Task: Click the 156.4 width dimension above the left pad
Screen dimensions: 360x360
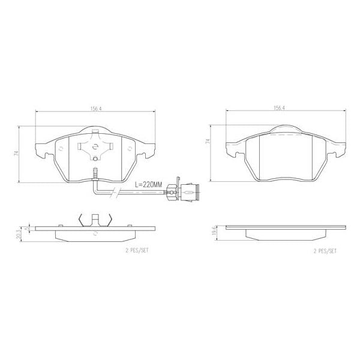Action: coord(95,109)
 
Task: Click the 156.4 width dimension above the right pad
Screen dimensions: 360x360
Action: coord(279,109)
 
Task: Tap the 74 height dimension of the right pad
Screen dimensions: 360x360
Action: coord(208,143)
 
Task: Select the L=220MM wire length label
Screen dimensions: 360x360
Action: coord(148,185)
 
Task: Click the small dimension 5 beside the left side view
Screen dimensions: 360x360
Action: coord(26,229)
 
